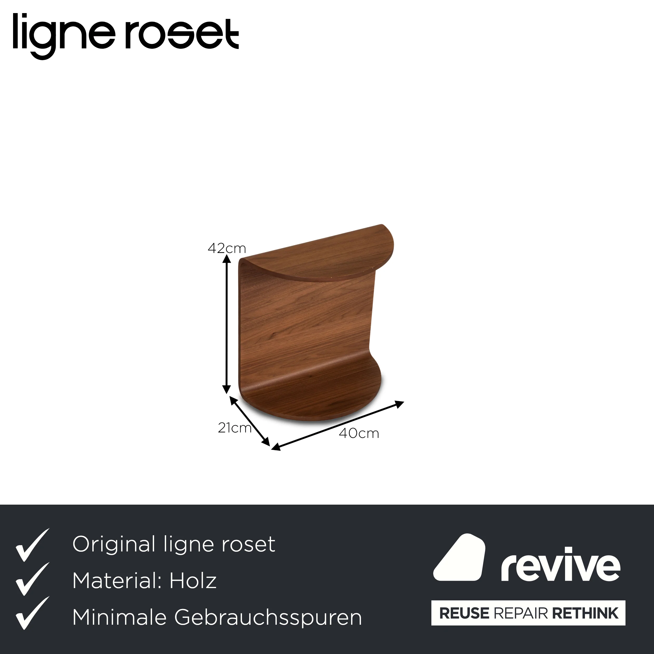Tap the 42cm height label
pyautogui.click(x=227, y=249)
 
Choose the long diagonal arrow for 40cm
pyautogui.click(x=337, y=426)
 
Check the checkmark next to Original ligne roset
pyautogui.click(x=32, y=545)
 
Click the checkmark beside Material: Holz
pyautogui.click(x=32, y=579)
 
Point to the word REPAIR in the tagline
pyautogui.click(x=521, y=613)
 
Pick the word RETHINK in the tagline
pyautogui.click(x=585, y=613)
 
